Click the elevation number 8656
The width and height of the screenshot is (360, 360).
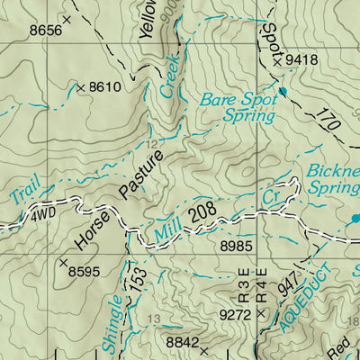pos(46,31)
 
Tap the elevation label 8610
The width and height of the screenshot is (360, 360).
pos(106,87)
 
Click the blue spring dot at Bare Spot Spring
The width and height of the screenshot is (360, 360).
pos(282,92)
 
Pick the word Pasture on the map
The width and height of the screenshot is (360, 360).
pos(144,174)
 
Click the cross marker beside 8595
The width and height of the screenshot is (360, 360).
pos(63,264)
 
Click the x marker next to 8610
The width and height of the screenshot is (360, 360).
pos(81,87)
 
